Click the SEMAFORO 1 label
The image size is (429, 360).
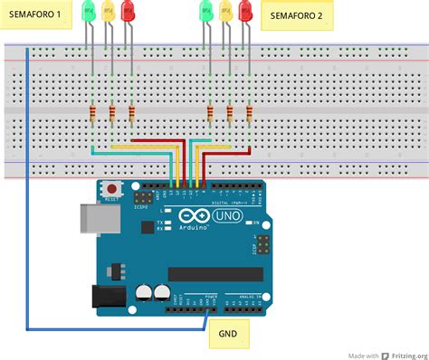coord(35,15)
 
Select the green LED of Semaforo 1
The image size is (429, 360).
coord(89,12)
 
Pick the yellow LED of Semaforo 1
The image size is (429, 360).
coord(109,12)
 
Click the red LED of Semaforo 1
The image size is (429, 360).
coord(129,12)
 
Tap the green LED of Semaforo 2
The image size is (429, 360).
coord(205,12)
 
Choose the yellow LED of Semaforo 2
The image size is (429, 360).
coord(225,12)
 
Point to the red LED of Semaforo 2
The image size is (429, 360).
coord(245,12)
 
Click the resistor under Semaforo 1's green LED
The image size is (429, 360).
coord(92,113)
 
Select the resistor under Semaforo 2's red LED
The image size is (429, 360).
coord(249,113)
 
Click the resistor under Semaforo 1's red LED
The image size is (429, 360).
coord(132,113)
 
